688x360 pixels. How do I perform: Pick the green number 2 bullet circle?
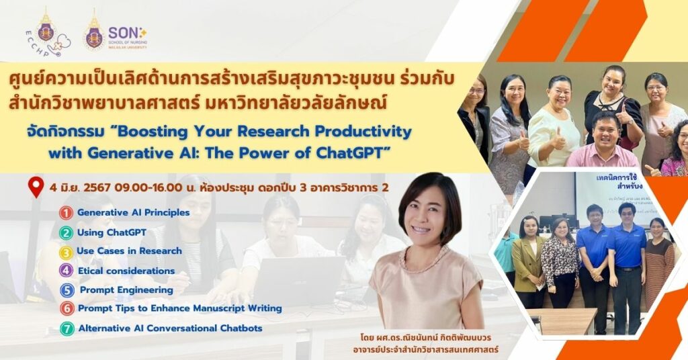click(66, 233)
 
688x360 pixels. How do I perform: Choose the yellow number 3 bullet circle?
click(66, 252)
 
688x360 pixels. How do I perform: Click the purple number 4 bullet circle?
click(66, 271)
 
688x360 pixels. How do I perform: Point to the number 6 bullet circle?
click(66, 310)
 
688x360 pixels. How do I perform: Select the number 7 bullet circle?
click(66, 329)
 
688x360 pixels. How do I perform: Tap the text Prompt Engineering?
click(126, 290)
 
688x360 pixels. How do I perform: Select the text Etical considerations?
click(126, 271)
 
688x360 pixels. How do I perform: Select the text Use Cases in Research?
click(129, 251)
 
